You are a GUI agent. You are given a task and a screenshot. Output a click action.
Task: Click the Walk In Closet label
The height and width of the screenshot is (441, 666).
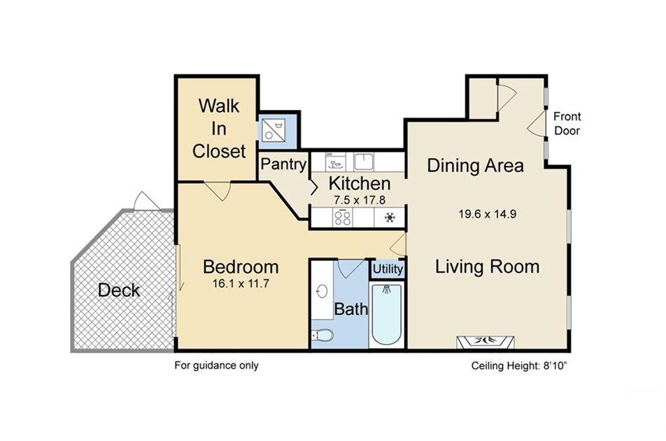[x=219, y=128]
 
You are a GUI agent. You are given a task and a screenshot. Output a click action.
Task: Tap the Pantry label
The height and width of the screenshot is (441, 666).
[x=283, y=164]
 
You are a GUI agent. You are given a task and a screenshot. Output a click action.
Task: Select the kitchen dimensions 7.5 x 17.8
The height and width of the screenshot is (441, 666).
[x=360, y=199]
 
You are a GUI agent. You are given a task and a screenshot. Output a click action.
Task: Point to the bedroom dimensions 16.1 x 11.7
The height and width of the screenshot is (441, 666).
[x=241, y=283]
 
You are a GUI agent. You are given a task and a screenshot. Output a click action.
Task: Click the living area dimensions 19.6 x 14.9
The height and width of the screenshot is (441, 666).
[x=487, y=213]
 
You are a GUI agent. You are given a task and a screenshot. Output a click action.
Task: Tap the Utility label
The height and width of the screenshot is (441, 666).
[x=388, y=269]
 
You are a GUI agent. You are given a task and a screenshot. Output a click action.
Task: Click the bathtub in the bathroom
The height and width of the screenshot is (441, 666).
[x=386, y=314]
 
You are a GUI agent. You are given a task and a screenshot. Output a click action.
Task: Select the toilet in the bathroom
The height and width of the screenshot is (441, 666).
[x=323, y=335]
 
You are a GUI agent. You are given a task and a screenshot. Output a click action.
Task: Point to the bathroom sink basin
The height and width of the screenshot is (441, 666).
[x=322, y=292]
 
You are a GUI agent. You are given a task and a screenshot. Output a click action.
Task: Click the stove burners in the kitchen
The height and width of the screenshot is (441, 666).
[x=342, y=218]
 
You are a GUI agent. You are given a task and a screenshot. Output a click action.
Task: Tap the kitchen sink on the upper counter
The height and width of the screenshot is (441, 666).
[x=364, y=162]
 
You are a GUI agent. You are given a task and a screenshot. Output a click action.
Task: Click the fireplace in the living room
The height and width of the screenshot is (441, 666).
[x=485, y=342]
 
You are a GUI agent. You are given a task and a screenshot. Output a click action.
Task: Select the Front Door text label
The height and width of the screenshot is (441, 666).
[x=567, y=123]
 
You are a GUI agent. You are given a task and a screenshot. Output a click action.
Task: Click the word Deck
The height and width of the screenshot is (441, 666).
[x=118, y=290]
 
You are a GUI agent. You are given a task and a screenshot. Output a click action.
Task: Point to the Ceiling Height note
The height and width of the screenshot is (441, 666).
[x=520, y=366]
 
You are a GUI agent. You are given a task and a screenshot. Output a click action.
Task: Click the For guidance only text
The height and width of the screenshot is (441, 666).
[x=216, y=365]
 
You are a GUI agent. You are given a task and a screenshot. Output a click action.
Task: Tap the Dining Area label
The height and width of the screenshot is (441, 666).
[x=475, y=165]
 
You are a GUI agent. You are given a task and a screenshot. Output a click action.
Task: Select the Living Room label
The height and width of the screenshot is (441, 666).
[x=487, y=267]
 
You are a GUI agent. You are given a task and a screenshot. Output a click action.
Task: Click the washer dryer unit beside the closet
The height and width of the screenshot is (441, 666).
[x=273, y=130]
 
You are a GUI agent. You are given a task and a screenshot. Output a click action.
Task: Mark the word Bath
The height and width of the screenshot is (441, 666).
[x=351, y=309]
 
